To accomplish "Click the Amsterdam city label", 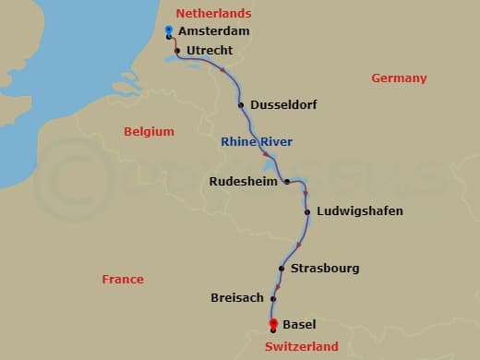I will point(214,31).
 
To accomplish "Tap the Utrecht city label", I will point(210,50).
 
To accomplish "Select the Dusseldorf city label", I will point(284,104).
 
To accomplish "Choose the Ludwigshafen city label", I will point(359,211).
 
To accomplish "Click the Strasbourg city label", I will point(324,269).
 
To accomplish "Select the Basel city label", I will point(299,325).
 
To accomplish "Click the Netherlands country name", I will point(213,14).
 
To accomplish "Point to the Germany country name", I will point(399,78).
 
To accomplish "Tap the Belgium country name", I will point(149,131).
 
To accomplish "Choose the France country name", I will point(123,279).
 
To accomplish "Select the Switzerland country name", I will point(301,347).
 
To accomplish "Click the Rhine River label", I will point(257,142).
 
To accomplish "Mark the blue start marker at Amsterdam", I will point(169,31).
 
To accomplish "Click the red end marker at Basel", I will point(273,323).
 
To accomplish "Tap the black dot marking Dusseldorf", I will point(241,105).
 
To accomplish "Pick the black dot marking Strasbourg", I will point(282,269).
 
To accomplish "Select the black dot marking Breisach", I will point(272,298).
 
